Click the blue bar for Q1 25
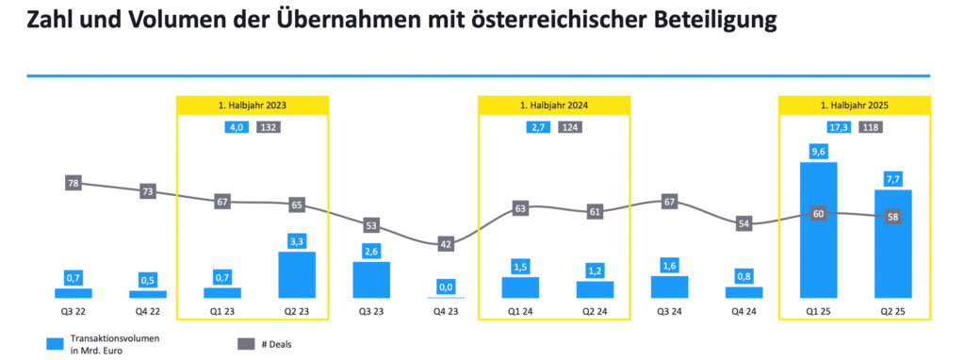(818, 231)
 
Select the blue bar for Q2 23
(297, 275)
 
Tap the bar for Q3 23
(371, 280)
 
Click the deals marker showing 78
(74, 183)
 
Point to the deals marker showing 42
(446, 244)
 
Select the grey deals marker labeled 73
(148, 191)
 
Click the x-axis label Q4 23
(446, 312)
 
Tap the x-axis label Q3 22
(74, 312)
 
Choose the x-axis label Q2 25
(892, 312)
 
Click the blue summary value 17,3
(836, 127)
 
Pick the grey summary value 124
(569, 127)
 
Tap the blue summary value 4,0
(237, 127)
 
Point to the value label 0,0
(446, 286)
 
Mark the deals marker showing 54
(744, 223)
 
